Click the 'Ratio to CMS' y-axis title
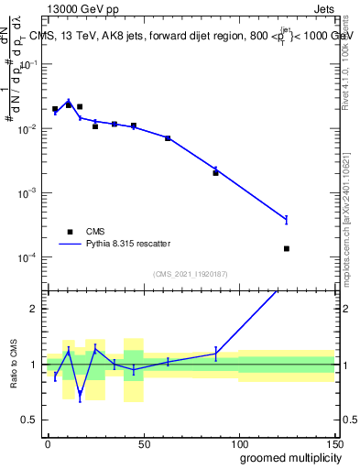pos(12,364)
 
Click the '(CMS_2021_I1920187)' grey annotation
pos(191,274)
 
